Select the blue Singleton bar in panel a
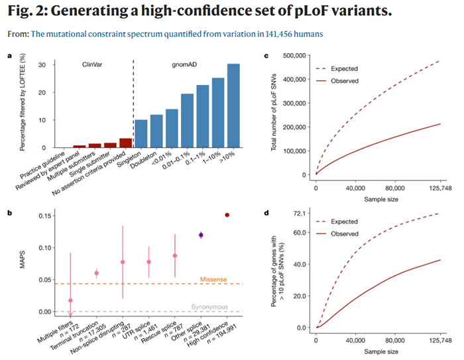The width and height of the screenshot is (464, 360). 141,134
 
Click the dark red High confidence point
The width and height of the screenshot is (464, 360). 227,215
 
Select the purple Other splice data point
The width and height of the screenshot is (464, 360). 201,235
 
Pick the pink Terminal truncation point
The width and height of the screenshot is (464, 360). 96,273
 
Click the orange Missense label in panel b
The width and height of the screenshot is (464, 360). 213,279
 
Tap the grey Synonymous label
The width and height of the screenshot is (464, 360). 209,307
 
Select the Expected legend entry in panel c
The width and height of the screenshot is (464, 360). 358,68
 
